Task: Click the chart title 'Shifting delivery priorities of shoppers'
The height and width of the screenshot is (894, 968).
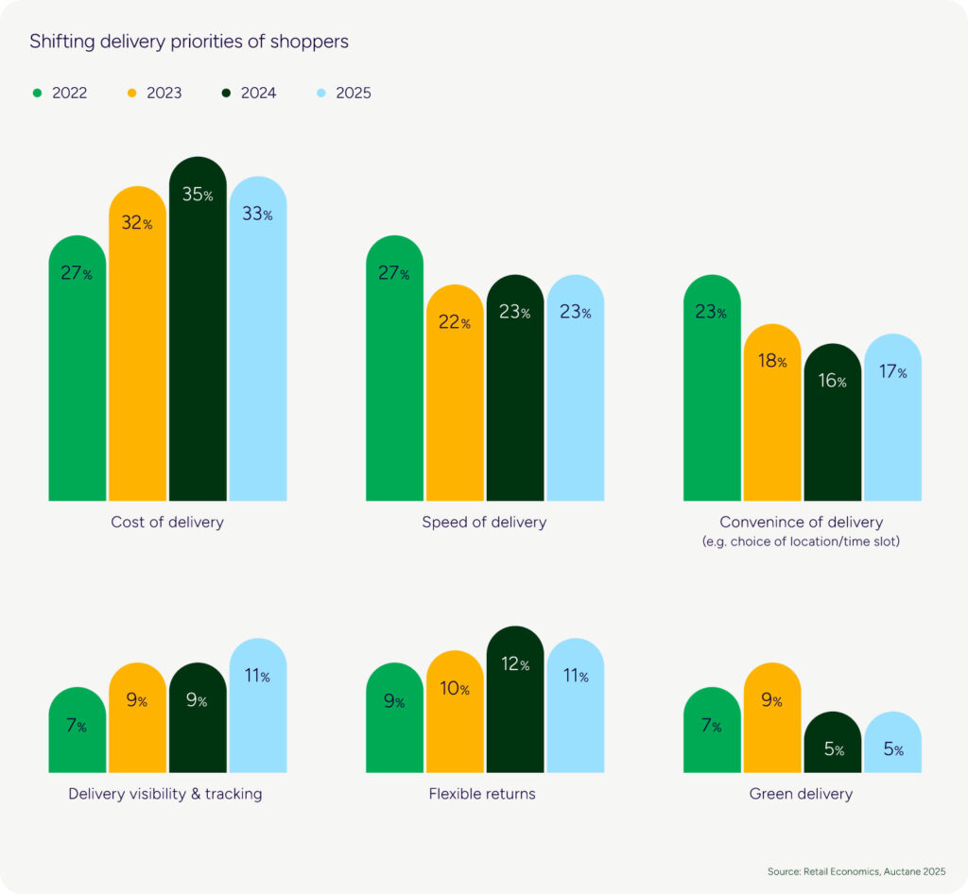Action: click(x=188, y=42)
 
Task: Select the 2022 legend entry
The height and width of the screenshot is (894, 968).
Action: click(x=60, y=93)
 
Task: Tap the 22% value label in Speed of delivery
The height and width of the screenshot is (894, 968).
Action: click(x=454, y=323)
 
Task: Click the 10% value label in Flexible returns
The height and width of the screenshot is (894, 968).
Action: click(x=454, y=690)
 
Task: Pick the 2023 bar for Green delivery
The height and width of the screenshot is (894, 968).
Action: click(x=772, y=718)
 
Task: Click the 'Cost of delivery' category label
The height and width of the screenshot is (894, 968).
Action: click(x=167, y=522)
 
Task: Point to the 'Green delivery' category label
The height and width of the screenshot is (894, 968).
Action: click(x=801, y=794)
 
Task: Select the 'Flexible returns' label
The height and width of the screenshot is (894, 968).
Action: click(x=482, y=794)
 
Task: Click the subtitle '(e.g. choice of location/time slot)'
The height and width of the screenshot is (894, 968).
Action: click(x=801, y=542)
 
